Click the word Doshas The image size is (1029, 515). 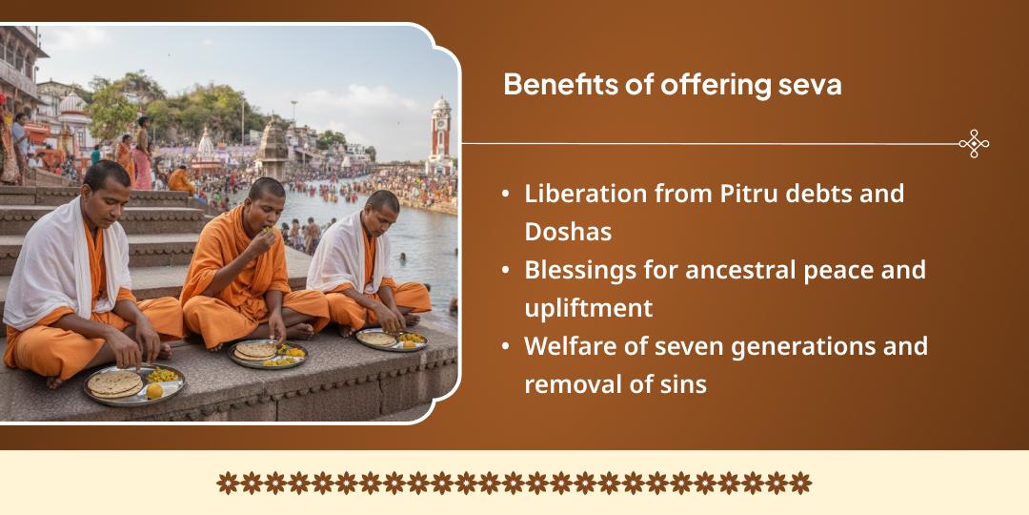point(568,232)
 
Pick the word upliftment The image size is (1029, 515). point(589,308)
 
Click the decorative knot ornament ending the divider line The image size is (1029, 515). point(973,144)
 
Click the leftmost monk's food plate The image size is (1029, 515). point(132,383)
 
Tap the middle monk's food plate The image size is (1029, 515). point(268,354)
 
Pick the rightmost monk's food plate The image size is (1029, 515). point(392,339)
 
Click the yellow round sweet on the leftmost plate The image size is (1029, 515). point(153,390)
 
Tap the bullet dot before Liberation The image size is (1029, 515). point(505,195)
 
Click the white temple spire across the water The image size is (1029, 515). point(206,145)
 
